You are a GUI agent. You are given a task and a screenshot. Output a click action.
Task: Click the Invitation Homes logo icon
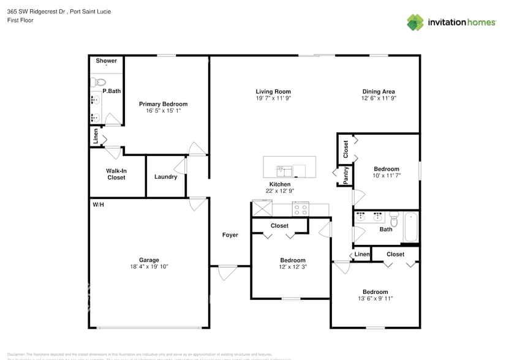[415, 22]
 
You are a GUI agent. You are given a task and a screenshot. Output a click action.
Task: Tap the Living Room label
[273, 92]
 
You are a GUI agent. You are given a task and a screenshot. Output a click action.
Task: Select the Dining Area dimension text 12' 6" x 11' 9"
[379, 98]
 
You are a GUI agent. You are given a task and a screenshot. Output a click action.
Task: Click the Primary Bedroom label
[163, 104]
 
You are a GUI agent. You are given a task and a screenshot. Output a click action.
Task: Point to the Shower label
[106, 61]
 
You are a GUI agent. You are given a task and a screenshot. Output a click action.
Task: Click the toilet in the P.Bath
[100, 82]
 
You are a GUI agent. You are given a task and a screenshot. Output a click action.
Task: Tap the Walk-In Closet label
[116, 174]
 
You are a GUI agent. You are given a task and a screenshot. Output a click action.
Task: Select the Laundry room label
[165, 177]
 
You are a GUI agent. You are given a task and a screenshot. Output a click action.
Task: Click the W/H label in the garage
[98, 204]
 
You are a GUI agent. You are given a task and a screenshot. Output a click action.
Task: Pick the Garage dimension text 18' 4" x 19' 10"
[149, 266]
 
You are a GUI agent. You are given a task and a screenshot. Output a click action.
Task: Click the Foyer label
[230, 235]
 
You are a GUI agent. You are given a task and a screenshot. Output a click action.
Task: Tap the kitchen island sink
[283, 169]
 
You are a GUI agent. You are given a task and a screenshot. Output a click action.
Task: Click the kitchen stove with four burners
[301, 209]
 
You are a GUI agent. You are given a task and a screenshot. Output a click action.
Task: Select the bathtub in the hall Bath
[410, 227]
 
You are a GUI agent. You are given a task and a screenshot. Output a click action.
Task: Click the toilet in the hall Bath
[394, 219]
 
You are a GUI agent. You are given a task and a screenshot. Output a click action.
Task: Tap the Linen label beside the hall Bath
[362, 254]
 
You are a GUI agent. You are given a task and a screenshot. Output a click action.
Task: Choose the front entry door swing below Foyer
[228, 272]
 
